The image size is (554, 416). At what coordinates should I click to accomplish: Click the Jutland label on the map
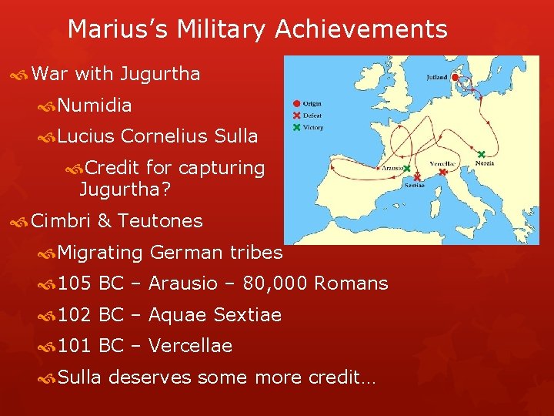[436, 77]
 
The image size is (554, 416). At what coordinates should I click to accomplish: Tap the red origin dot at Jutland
[456, 78]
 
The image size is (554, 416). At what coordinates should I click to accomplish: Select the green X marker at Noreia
[482, 154]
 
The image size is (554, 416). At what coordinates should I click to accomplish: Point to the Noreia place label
[485, 163]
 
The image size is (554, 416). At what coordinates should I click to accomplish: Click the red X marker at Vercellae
[442, 173]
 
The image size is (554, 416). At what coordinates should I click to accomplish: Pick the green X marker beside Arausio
[406, 169]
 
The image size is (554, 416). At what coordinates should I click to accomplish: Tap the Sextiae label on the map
[413, 185]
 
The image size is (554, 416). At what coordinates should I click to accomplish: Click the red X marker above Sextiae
[417, 176]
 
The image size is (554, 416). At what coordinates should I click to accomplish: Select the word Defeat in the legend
[312, 116]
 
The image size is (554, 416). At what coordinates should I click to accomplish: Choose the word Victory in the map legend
[313, 127]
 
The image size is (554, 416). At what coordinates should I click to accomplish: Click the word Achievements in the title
[361, 29]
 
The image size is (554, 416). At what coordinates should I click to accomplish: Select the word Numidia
[95, 105]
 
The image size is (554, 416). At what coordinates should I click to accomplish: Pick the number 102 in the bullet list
[74, 315]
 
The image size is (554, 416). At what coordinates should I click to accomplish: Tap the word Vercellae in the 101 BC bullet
[190, 346]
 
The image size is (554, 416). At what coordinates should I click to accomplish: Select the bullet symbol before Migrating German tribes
[48, 253]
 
